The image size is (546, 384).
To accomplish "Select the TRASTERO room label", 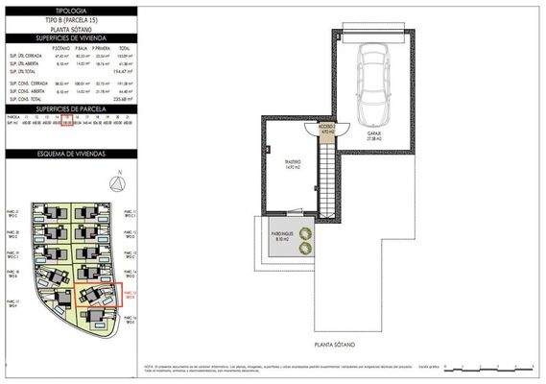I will point(294,165).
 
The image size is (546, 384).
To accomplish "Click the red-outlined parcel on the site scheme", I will point(99,296).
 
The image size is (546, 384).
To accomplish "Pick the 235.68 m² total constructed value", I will point(122,98).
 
